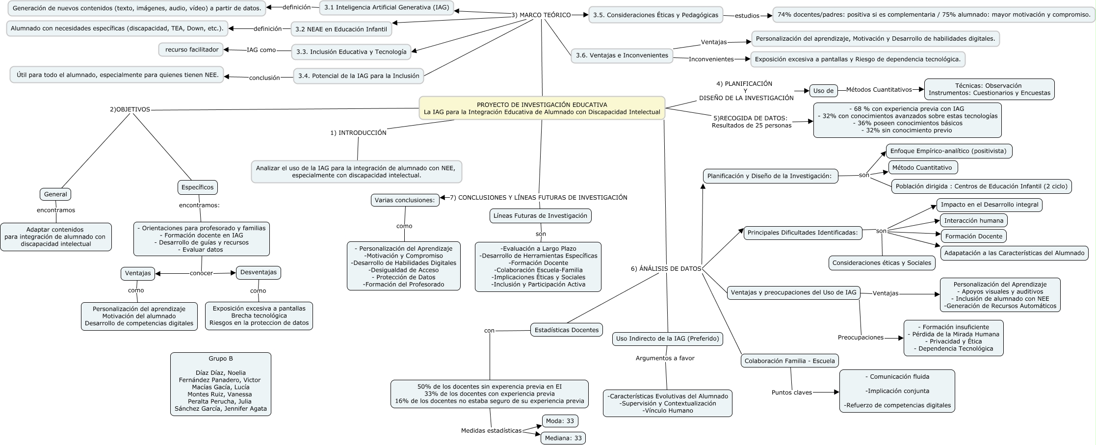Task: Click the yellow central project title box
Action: coord(542,108)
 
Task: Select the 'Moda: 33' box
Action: coord(560,421)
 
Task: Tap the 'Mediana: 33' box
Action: coord(563,438)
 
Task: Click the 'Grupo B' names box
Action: coord(220,384)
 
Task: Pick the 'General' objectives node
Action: coord(55,194)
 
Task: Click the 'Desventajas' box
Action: coord(259,272)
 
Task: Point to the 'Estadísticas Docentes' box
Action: coord(566,330)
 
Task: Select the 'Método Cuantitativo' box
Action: coord(922,167)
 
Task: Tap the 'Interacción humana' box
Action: coord(973,220)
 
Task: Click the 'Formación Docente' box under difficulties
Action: coord(973,236)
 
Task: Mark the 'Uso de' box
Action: coord(823,90)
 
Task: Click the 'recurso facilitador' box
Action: coord(191,50)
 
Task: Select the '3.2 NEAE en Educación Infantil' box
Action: coord(341,29)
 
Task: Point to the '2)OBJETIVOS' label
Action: coord(130,109)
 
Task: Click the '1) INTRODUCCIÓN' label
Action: coord(358,132)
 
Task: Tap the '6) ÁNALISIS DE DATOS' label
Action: coord(666,268)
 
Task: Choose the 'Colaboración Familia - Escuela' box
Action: coord(789,361)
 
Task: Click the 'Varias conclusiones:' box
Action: coord(405,200)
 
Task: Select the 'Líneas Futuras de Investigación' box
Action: coord(540,215)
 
